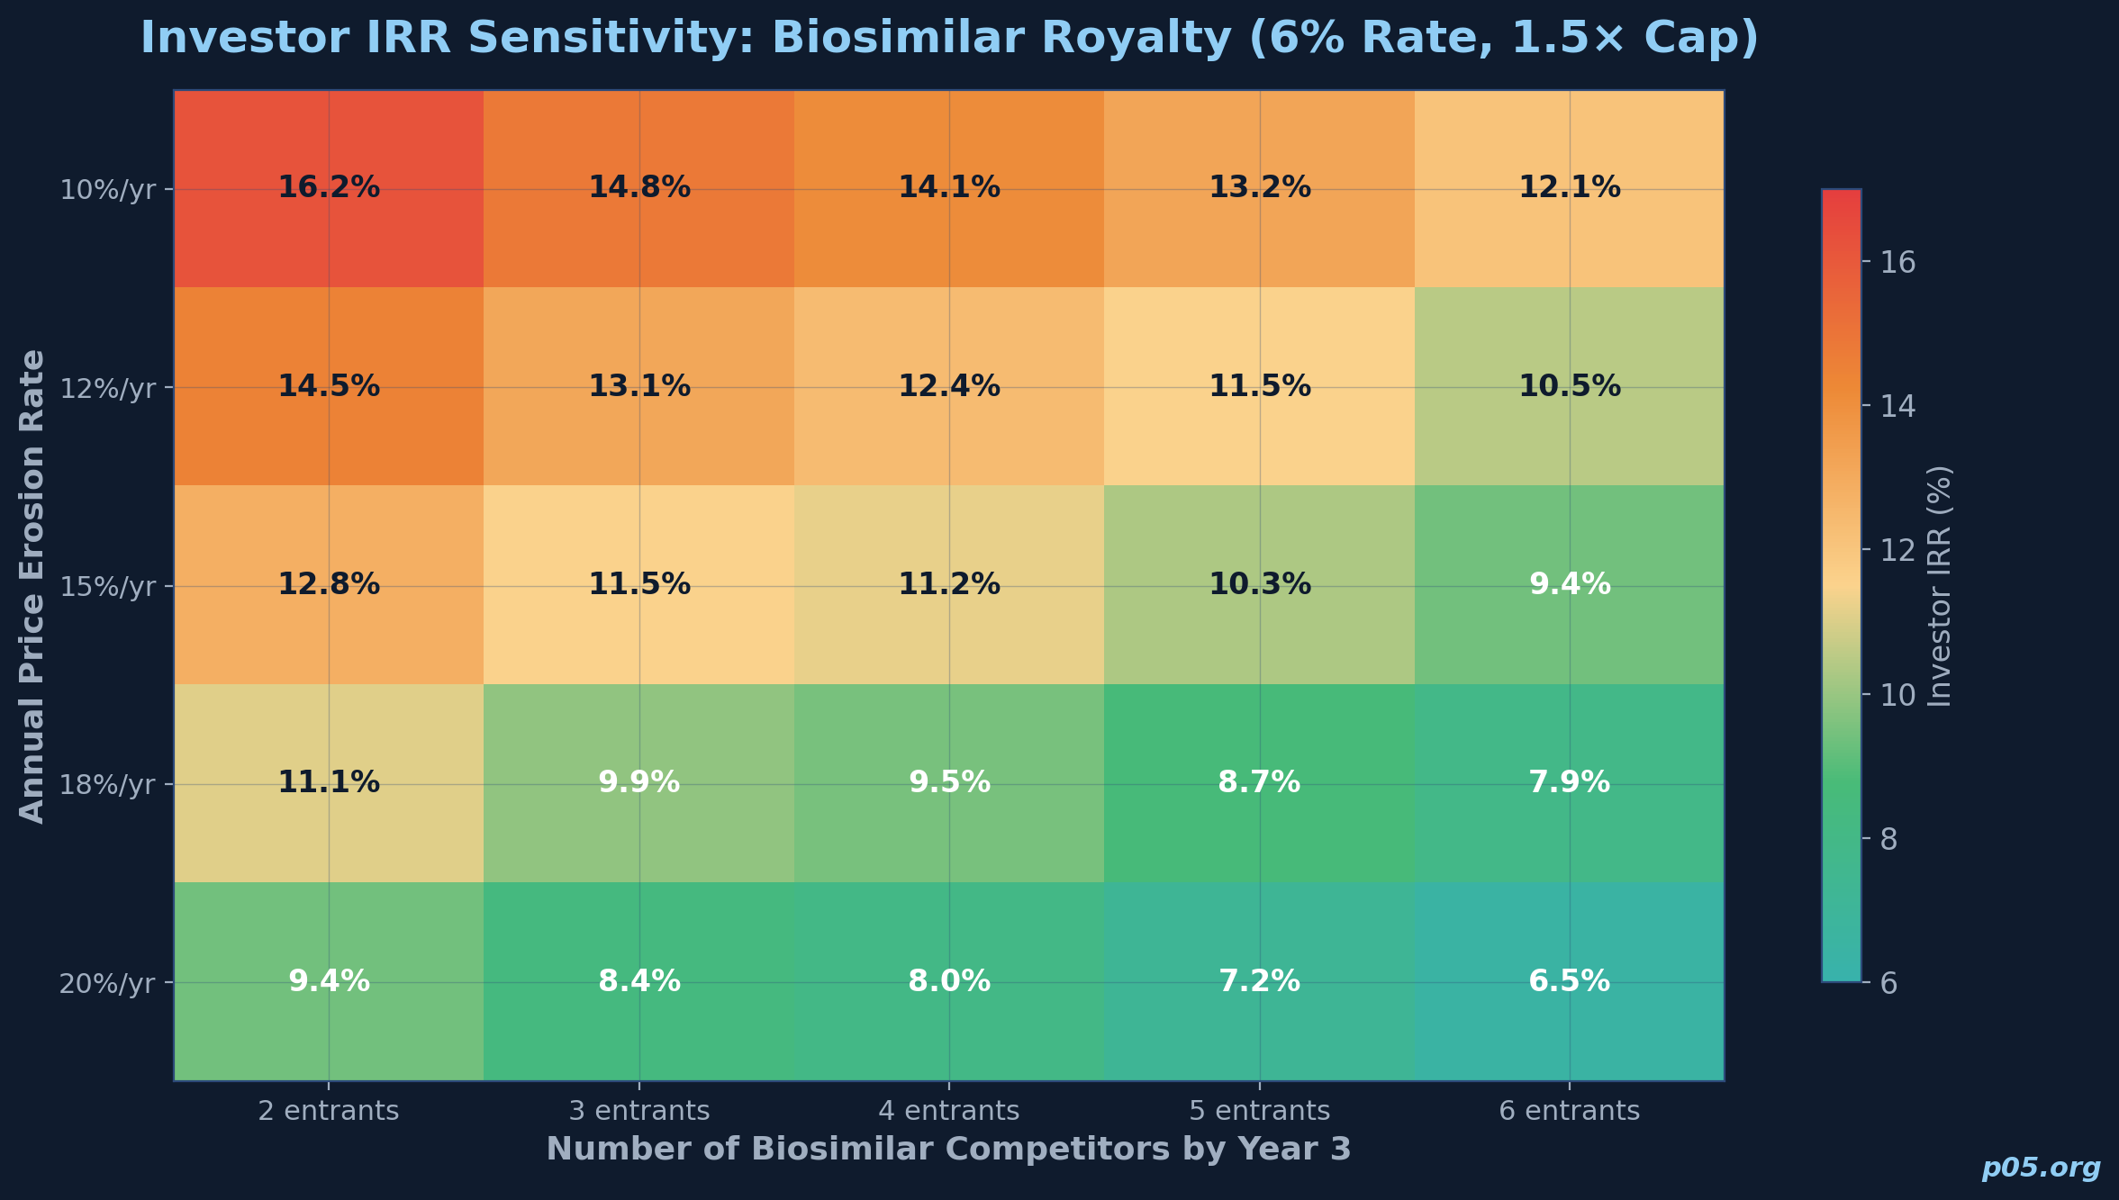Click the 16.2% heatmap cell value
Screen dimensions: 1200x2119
pyautogui.click(x=329, y=188)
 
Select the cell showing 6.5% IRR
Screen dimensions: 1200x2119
pyautogui.click(x=1569, y=980)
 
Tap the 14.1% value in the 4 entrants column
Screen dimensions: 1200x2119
pyautogui.click(x=949, y=188)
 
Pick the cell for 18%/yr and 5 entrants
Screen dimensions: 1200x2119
pyautogui.click(x=1259, y=782)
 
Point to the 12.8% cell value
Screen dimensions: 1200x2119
pyautogui.click(x=329, y=584)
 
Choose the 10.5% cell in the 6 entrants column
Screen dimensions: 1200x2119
pyautogui.click(x=1569, y=386)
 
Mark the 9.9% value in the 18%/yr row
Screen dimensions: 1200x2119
pyautogui.click(x=638, y=782)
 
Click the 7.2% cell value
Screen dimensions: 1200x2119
pyautogui.click(x=1259, y=980)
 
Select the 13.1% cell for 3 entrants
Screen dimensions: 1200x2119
pyautogui.click(x=638, y=386)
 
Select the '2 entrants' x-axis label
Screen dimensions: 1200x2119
pyautogui.click(x=329, y=1111)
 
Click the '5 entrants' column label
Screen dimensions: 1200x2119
pyautogui.click(x=1259, y=1111)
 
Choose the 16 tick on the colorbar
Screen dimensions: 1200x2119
pyautogui.click(x=1896, y=263)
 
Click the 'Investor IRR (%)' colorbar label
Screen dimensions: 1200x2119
pyautogui.click(x=1940, y=586)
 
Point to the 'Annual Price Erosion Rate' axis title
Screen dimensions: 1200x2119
pyautogui.click(x=32, y=586)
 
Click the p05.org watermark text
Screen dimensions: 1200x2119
pyautogui.click(x=2041, y=1168)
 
